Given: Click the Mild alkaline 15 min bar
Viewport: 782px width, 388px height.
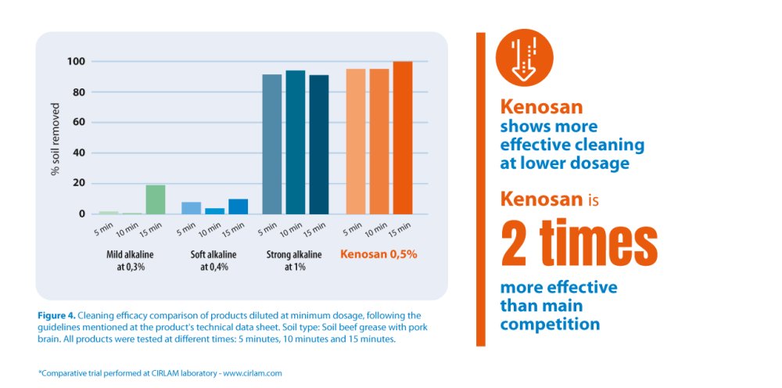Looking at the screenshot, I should (x=156, y=199).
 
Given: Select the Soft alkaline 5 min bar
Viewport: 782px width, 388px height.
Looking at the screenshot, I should (x=192, y=208).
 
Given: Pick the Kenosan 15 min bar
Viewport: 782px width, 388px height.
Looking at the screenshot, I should (x=403, y=138).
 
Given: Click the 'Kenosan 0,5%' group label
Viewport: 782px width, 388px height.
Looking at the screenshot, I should (x=378, y=254).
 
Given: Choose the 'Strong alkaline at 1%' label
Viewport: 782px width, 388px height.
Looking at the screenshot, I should (x=295, y=260).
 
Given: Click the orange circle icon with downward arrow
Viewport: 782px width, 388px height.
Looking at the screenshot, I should (x=525, y=59).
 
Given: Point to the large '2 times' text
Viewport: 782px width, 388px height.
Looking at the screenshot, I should (x=579, y=242).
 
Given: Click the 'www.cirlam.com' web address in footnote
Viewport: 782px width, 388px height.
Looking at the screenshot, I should (x=252, y=373).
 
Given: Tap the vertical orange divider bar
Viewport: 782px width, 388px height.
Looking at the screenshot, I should (x=481, y=189).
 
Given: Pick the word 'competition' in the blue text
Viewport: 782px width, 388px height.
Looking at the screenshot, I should (x=550, y=324).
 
